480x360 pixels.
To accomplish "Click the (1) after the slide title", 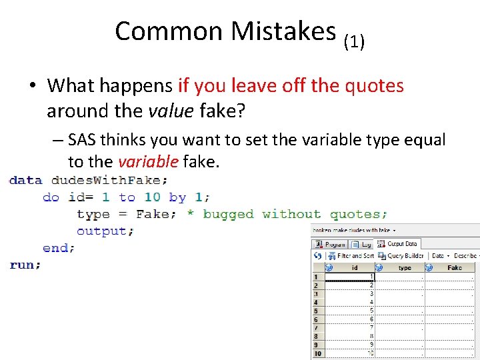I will click(x=354, y=43).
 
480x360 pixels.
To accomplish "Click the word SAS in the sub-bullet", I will click(x=81, y=139).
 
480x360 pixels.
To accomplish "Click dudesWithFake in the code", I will click(x=109, y=180).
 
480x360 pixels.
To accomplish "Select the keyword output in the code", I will click(x=105, y=231).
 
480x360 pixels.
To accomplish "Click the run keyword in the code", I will click(x=25, y=265).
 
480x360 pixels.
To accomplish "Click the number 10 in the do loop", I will click(x=152, y=197).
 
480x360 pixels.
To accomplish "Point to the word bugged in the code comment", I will click(x=228, y=214).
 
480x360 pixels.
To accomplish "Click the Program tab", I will click(x=331, y=244).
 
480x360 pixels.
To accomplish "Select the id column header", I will click(x=354, y=267).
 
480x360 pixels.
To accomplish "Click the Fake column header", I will click(x=455, y=267).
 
